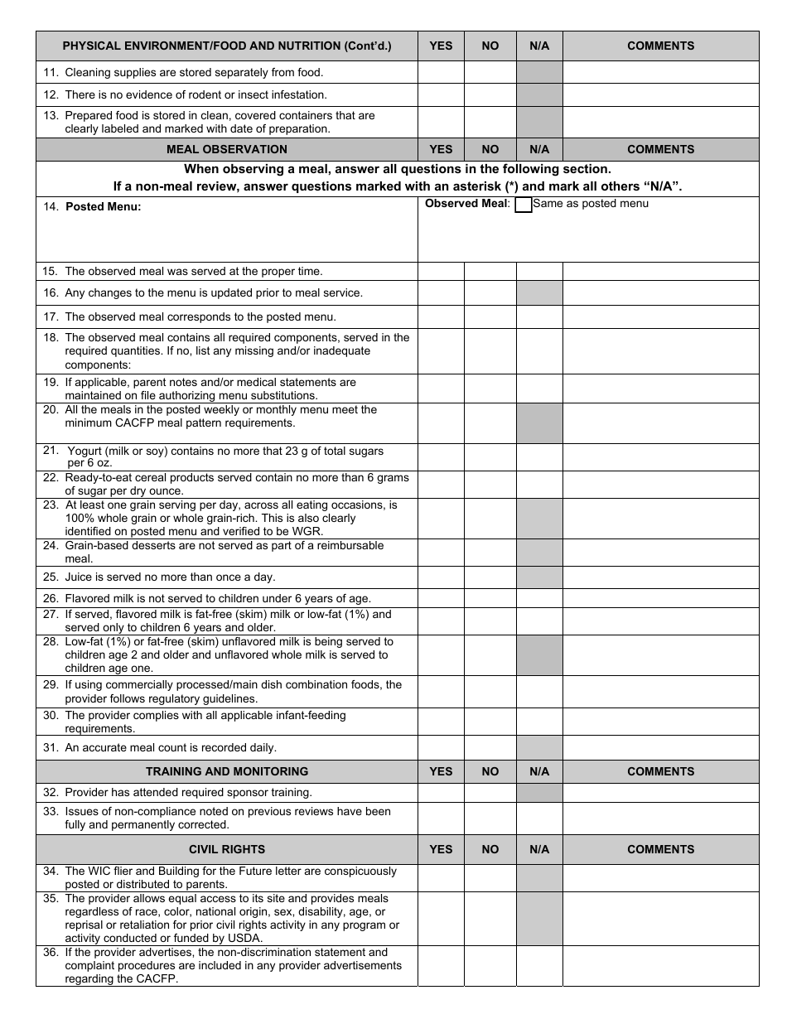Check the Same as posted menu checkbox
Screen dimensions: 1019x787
click(523, 205)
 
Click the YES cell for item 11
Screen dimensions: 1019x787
click(441, 72)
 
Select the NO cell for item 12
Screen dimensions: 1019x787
click(490, 94)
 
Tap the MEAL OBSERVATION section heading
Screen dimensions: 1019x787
click(227, 149)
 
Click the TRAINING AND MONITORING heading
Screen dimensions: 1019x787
click(227, 771)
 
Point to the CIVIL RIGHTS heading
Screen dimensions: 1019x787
click(227, 849)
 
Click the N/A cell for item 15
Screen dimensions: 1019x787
click(539, 271)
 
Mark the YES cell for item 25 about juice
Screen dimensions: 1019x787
click(441, 577)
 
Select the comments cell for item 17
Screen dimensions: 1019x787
click(660, 316)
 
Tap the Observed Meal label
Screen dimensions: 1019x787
click(466, 204)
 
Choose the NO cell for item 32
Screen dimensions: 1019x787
click(490, 793)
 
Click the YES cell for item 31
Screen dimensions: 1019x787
click(441, 747)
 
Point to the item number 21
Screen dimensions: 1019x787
click(51, 451)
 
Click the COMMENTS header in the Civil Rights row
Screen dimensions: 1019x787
click(660, 849)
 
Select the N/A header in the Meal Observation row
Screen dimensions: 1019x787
click(539, 149)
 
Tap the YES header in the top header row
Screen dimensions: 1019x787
click(441, 46)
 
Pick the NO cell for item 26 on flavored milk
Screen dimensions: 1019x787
click(490, 598)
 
